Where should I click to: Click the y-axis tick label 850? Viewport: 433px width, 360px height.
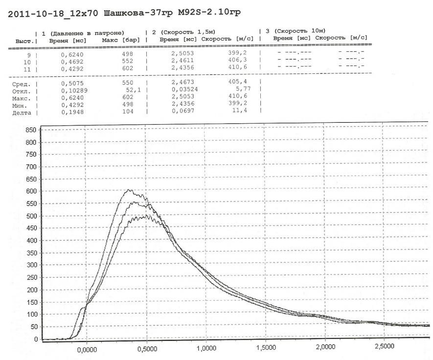31,130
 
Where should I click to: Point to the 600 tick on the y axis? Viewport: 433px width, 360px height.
31,191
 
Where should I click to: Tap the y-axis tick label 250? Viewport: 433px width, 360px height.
31,277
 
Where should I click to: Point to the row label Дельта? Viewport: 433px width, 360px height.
21,112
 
